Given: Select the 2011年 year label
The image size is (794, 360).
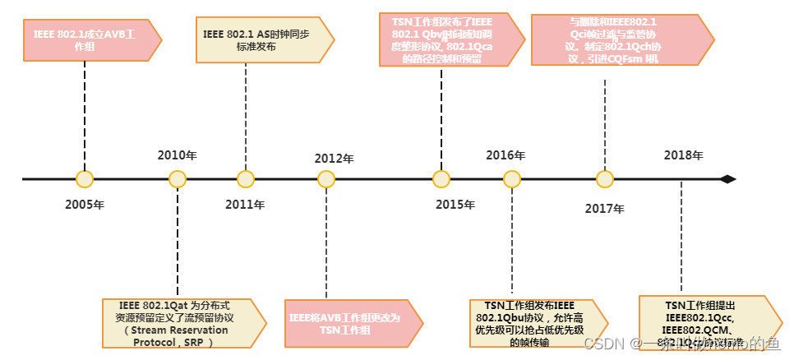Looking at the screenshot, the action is pos(245,205).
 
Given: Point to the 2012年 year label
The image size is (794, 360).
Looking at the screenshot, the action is pos(334,159).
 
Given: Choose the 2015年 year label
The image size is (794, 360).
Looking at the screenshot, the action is pos(455,204).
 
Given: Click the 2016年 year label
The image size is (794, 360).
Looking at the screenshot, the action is pos(505,155).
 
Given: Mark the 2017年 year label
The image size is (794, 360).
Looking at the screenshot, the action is pos(604,208).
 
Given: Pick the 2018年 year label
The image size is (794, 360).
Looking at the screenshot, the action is pos(683,155).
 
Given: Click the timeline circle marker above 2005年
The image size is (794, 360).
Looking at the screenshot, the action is pos(84,179).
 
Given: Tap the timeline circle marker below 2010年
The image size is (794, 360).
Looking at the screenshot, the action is pos(177,179).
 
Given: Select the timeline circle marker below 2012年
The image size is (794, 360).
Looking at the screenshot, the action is pos(326,179).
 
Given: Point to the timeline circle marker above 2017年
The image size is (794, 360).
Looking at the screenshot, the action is pos(605,179).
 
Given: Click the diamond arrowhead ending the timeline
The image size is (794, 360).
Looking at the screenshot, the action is pos(727,179).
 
